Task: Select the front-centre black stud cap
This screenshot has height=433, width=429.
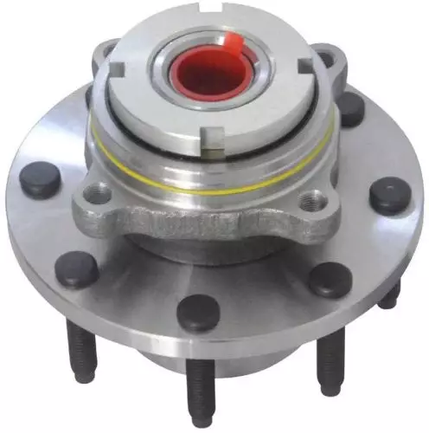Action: [x=200, y=312]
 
